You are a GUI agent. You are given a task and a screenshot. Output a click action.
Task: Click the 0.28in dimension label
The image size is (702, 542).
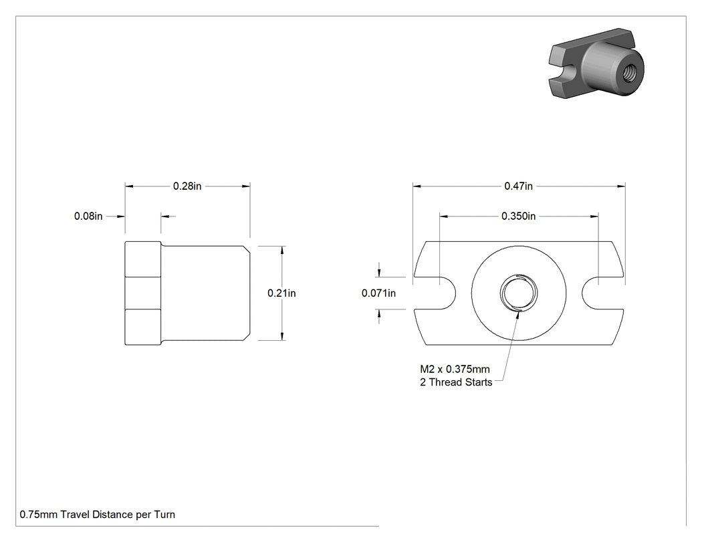click(187, 186)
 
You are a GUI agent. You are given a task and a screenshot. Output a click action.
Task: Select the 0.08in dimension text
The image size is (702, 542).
click(88, 216)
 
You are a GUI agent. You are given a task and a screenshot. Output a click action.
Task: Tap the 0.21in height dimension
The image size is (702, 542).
click(281, 293)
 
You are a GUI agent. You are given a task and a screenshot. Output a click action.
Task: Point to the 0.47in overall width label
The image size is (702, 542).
click(518, 186)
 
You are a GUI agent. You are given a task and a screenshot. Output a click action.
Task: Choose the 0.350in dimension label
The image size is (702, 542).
click(518, 216)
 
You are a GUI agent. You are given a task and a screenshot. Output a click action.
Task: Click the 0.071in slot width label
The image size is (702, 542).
click(379, 293)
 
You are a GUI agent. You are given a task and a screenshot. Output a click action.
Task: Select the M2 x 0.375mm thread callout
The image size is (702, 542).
click(455, 369)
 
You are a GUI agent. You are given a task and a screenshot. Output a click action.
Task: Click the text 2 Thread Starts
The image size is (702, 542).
click(456, 382)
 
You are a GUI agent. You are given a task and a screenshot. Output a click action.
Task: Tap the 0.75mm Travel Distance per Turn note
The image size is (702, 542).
click(97, 515)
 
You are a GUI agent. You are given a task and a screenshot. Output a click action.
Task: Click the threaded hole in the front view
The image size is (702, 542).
click(518, 293)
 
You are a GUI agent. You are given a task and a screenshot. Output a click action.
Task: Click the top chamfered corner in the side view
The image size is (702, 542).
click(247, 249)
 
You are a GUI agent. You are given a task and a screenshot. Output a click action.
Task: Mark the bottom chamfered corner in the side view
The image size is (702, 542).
click(247, 337)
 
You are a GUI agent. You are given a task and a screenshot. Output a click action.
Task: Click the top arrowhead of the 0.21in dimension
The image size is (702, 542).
click(281, 250)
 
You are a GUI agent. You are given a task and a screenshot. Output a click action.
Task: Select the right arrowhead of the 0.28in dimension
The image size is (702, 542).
click(246, 186)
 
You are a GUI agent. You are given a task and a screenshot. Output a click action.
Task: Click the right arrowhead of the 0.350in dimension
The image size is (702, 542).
click(594, 216)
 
